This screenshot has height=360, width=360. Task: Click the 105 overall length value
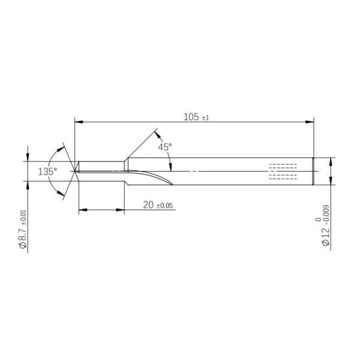pos(191,117)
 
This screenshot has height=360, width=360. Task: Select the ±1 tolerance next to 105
pos(205,118)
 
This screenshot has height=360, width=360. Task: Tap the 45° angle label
pos(164,147)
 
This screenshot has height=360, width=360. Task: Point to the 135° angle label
pos(47,172)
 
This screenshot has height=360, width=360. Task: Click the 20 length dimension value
pos(148,205)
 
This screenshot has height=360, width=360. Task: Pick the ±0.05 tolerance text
pos(164,206)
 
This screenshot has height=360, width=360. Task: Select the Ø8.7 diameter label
pos(23,236)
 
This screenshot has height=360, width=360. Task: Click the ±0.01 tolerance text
pos(23,217)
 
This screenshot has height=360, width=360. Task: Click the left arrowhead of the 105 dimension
pos(77,122)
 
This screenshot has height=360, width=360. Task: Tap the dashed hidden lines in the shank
pos(283,171)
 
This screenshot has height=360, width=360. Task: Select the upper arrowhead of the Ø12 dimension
pos(331,161)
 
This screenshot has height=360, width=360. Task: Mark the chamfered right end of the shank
pos(313,172)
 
